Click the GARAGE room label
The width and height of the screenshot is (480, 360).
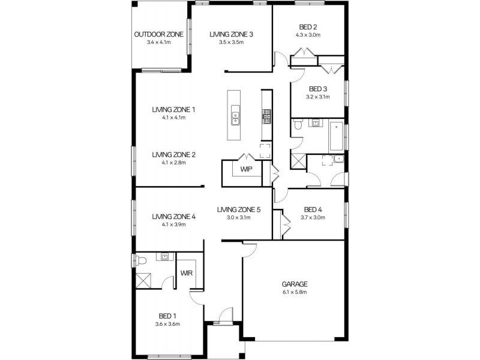[294, 284]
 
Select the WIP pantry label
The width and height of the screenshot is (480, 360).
[246, 169]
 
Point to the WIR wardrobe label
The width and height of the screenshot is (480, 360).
[186, 273]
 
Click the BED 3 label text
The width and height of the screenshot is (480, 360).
[317, 88]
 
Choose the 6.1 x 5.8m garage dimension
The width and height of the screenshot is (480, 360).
[294, 292]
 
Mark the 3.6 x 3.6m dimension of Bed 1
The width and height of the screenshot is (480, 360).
[169, 323]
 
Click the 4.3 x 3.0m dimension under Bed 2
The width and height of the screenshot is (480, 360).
[308, 35]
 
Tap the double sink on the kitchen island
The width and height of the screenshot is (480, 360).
[236, 118]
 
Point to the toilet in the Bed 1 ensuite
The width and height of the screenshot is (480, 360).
[139, 260]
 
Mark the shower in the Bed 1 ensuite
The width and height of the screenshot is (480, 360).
[144, 280]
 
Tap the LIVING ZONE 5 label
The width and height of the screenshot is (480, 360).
[238, 209]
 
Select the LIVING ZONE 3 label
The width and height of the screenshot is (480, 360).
[231, 34]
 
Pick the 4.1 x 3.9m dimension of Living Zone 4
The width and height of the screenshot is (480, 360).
[173, 224]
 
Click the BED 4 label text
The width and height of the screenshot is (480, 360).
[313, 209]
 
